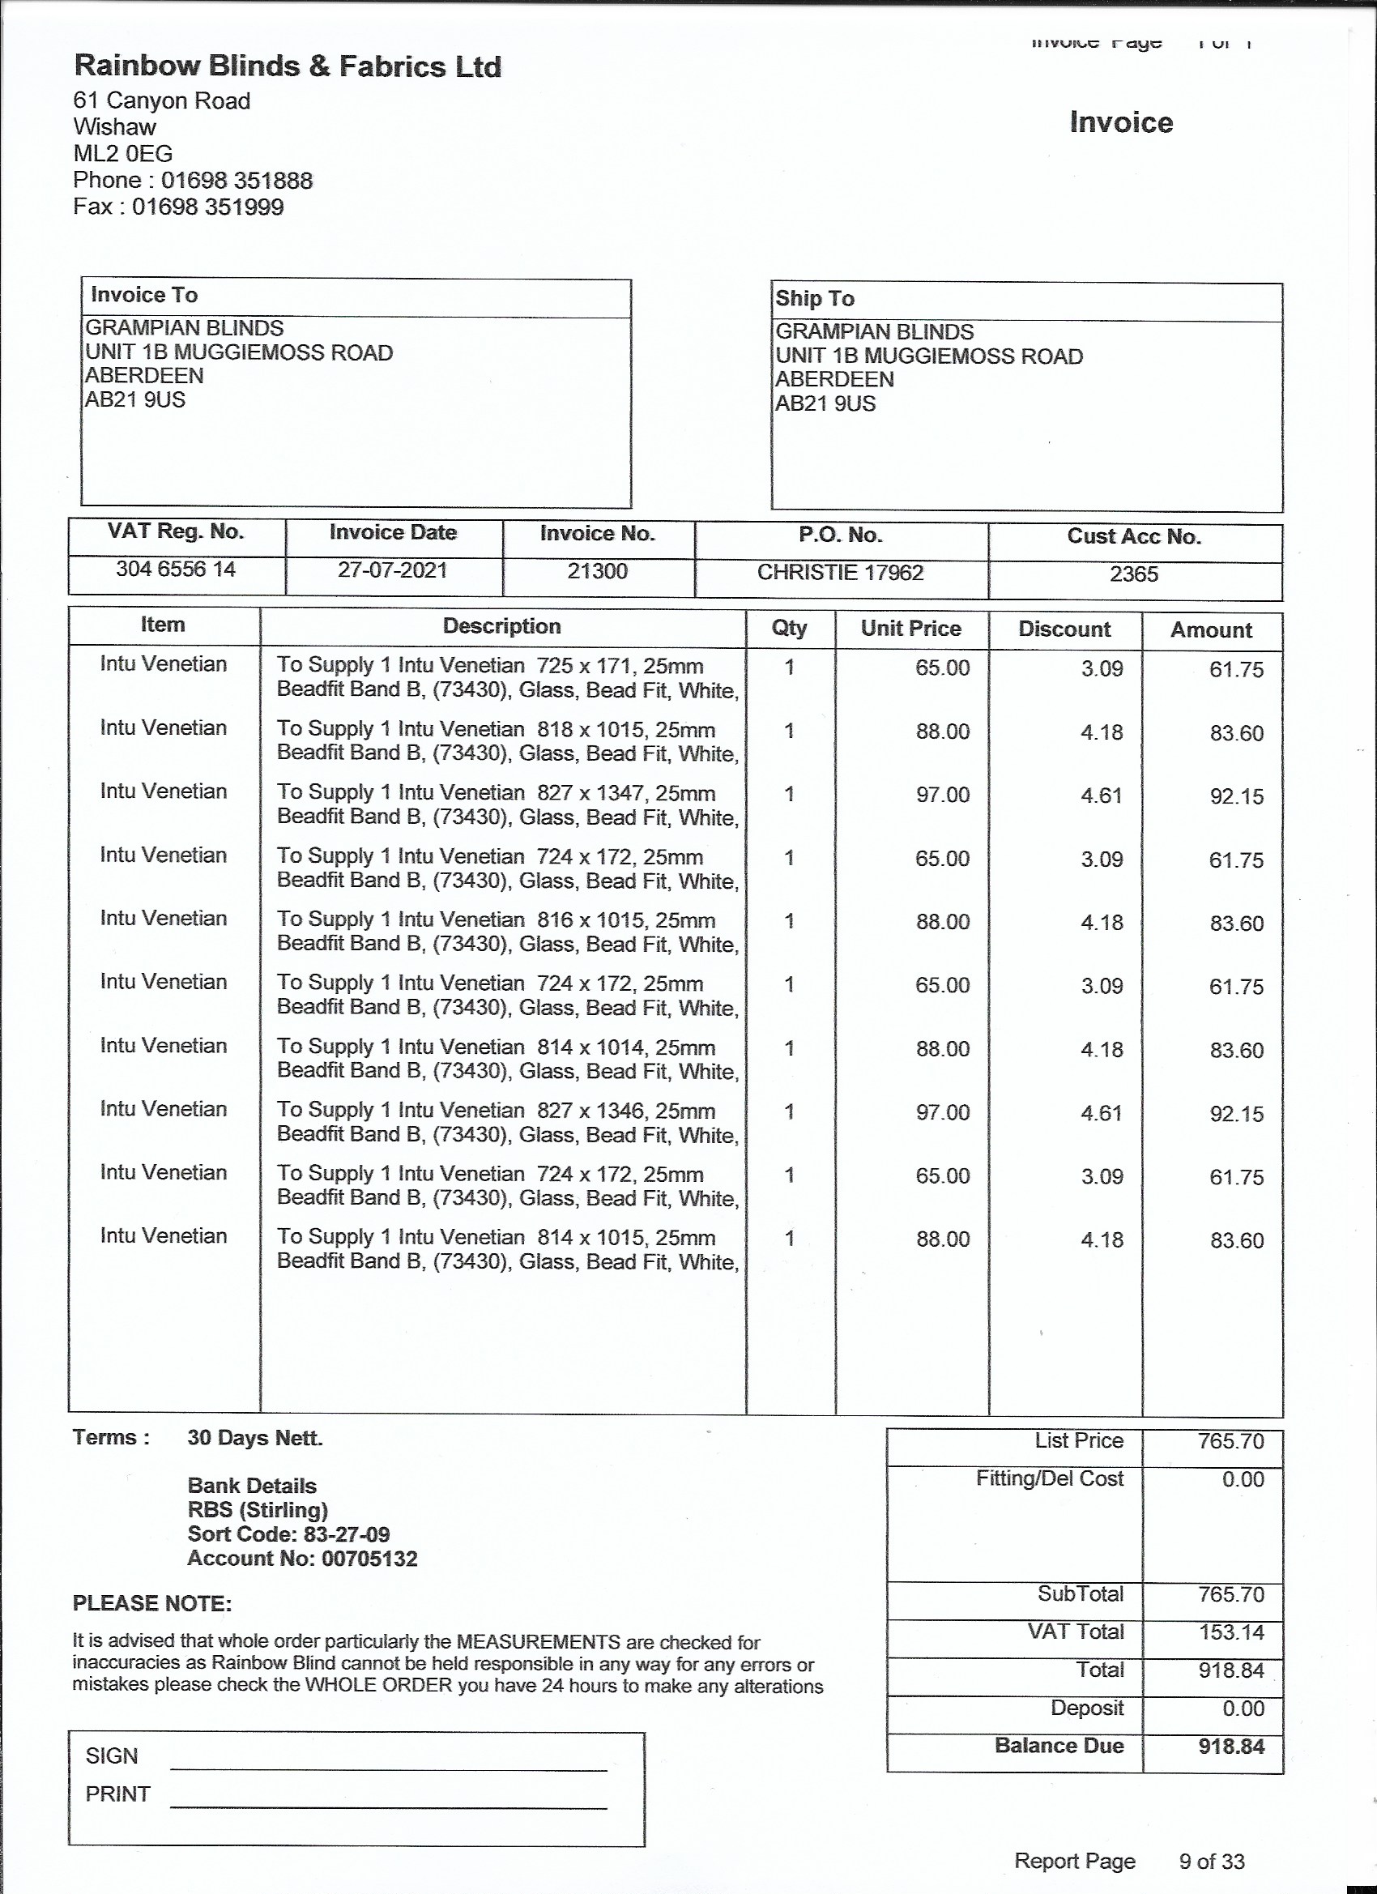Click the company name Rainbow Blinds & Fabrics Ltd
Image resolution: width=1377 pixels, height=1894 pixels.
pyautogui.click(x=288, y=66)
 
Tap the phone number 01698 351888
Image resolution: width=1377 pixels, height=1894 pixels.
pyautogui.click(x=237, y=181)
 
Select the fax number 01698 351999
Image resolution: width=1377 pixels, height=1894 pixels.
pyautogui.click(x=208, y=207)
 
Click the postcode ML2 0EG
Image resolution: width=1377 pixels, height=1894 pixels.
pyautogui.click(x=123, y=154)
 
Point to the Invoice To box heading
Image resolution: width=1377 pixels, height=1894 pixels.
pyautogui.click(x=144, y=295)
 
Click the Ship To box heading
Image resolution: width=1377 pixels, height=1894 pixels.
pyautogui.click(x=814, y=298)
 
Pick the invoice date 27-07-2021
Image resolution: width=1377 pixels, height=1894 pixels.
pyautogui.click(x=393, y=570)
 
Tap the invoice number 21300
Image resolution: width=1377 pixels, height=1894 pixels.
pyautogui.click(x=597, y=571)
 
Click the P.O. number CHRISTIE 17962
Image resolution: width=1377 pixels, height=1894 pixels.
pyautogui.click(x=840, y=572)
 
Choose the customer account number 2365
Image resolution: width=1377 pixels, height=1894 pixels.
pyautogui.click(x=1133, y=574)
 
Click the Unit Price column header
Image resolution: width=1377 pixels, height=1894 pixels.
pyautogui.click(x=911, y=628)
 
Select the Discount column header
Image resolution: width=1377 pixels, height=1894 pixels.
pyautogui.click(x=1064, y=629)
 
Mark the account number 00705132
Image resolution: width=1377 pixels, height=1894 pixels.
pyautogui.click(x=369, y=1559)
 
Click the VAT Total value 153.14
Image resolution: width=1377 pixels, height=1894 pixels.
pyautogui.click(x=1231, y=1632)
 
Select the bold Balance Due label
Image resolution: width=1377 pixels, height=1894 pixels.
pyautogui.click(x=1059, y=1746)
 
